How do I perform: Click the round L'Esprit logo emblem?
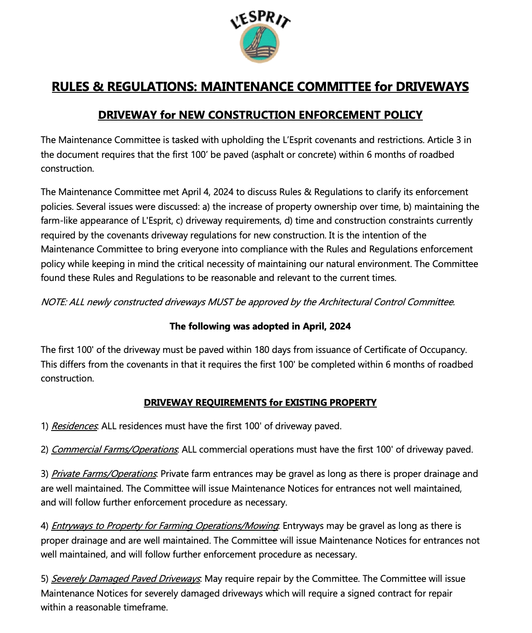coord(260,44)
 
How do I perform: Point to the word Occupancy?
coord(444,350)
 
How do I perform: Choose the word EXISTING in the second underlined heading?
coord(305,403)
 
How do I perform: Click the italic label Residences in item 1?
coord(74,426)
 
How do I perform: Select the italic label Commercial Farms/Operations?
coord(114,450)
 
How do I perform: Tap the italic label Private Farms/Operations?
coord(104,474)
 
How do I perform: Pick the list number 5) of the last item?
coord(45,579)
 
